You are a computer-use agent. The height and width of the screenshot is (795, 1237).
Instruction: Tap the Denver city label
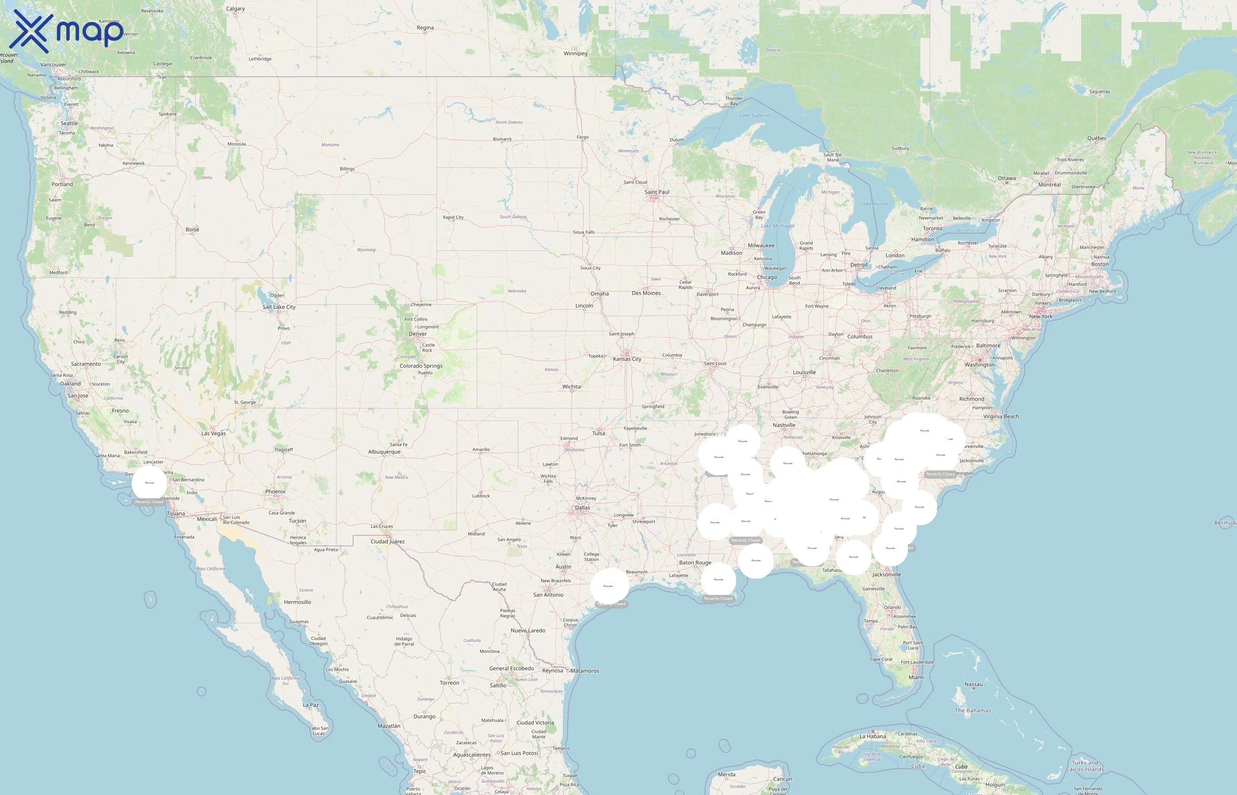[417, 333]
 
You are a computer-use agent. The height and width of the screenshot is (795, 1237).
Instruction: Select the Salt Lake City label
[279, 307]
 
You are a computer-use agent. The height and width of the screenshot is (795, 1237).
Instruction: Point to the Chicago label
[766, 277]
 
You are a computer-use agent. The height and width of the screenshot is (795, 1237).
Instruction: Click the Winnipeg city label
[575, 53]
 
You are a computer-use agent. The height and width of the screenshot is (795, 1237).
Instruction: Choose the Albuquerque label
[384, 452]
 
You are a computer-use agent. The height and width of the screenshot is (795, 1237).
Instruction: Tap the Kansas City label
[627, 359]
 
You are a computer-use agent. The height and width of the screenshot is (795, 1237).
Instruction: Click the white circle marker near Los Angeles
[149, 483]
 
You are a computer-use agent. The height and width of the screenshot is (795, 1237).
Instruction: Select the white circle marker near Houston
[610, 586]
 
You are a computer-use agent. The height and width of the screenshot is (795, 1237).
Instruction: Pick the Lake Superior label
[755, 115]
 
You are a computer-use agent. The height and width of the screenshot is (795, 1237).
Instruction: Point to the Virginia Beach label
[1001, 416]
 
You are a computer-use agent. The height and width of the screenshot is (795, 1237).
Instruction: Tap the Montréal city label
[1049, 184]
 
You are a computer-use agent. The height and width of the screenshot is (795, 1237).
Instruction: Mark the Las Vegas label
[213, 433]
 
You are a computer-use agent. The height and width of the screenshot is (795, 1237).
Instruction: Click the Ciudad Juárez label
[387, 541]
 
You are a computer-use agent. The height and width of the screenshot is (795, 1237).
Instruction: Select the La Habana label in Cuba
[873, 736]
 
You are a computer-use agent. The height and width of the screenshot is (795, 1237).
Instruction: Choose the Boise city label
[192, 229]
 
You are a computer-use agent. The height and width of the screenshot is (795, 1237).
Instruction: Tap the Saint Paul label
[656, 192]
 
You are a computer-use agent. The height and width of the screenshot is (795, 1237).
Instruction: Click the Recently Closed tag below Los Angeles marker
[149, 502]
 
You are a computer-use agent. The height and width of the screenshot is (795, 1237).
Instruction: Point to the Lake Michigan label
[778, 226]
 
